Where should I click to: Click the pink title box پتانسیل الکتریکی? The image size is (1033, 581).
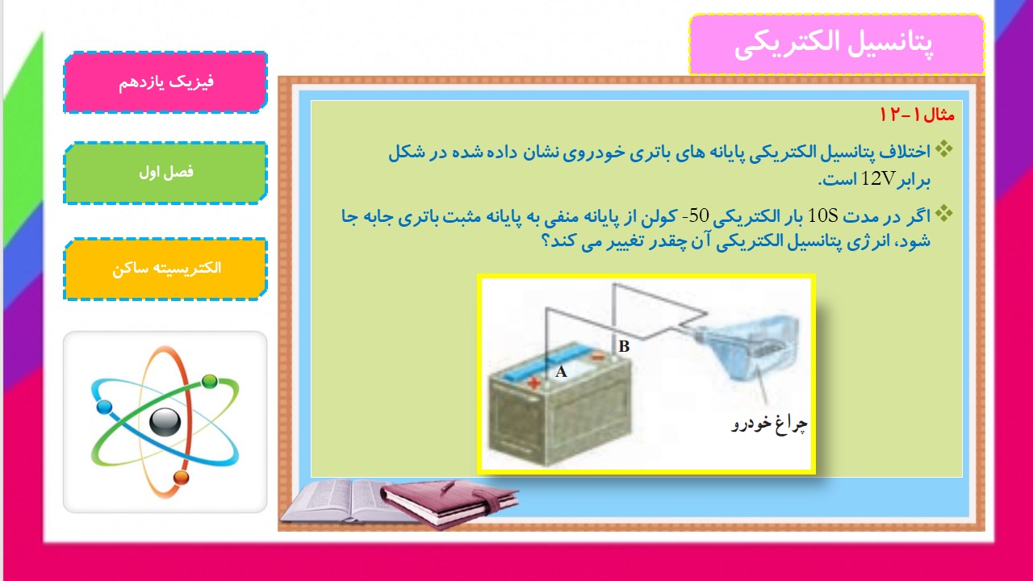click(837, 44)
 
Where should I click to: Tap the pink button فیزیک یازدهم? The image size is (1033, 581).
click(165, 82)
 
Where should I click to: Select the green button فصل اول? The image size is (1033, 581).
click(165, 173)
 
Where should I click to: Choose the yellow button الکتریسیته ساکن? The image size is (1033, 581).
click(165, 269)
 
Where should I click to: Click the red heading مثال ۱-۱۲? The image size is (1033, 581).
click(917, 115)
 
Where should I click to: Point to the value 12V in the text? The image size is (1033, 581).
click(879, 178)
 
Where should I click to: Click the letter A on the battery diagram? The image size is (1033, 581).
click(561, 372)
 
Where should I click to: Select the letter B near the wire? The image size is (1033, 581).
click(624, 346)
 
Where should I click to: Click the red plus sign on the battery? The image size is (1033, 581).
click(534, 382)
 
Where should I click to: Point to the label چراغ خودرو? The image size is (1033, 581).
click(769, 424)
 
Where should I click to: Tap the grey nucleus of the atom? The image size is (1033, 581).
click(165, 422)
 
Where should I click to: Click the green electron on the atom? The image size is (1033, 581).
click(210, 382)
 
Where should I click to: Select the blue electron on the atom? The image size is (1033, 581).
click(104, 408)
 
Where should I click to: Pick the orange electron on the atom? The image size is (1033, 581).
click(182, 478)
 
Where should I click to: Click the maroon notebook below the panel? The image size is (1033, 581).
click(450, 504)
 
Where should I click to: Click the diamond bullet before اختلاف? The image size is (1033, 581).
click(944, 149)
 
